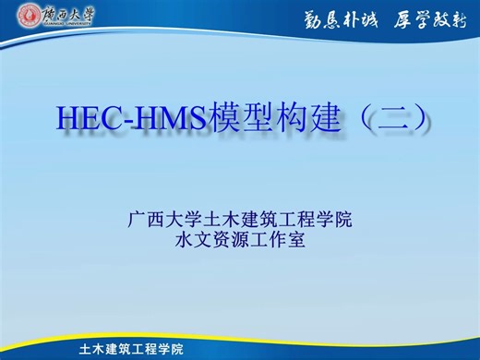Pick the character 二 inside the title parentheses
(x=385, y=118)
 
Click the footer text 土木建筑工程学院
(x=131, y=349)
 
